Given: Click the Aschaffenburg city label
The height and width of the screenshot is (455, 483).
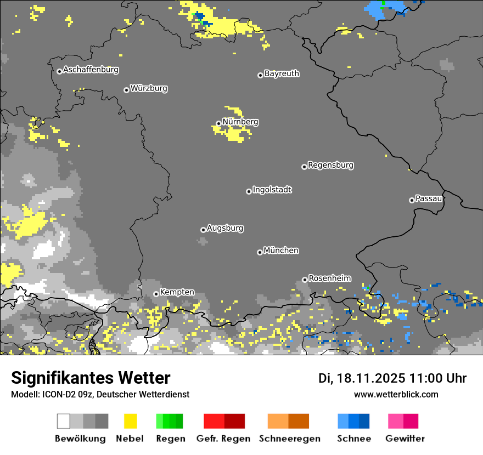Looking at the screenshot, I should [x=91, y=70].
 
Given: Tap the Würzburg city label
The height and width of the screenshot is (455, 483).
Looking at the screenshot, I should [x=149, y=88].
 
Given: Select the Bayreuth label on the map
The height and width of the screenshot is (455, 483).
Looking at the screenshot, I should [x=282, y=73].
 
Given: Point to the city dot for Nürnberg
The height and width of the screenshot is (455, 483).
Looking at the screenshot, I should [x=218, y=123].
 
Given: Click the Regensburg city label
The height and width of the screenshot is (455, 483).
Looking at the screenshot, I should [x=330, y=165].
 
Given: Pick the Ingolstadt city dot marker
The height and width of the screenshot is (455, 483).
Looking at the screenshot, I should [x=249, y=191].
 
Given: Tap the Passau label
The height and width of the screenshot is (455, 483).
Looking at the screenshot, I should [x=429, y=198].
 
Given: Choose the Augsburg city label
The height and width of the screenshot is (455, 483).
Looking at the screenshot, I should [x=225, y=228].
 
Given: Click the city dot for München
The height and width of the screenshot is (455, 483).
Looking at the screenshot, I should [x=260, y=252].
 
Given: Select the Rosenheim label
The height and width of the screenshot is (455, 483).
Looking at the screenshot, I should [x=329, y=278].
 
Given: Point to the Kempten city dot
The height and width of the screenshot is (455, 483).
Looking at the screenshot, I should [x=156, y=294].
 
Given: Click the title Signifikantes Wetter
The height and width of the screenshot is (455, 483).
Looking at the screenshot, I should [x=91, y=378].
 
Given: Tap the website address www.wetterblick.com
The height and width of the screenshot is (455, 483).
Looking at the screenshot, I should [x=396, y=395].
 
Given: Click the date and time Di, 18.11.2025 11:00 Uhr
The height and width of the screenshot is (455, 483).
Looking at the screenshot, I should [x=392, y=378].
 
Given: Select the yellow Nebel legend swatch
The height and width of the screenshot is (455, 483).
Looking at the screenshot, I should [x=130, y=421].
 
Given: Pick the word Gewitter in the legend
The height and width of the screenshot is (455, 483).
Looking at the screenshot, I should [x=405, y=439].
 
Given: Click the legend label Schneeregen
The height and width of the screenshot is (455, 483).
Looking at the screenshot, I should [x=290, y=439].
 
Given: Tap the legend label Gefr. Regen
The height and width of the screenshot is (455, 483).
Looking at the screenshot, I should [x=223, y=439].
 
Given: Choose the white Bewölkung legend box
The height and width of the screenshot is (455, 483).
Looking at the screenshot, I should [x=64, y=421].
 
